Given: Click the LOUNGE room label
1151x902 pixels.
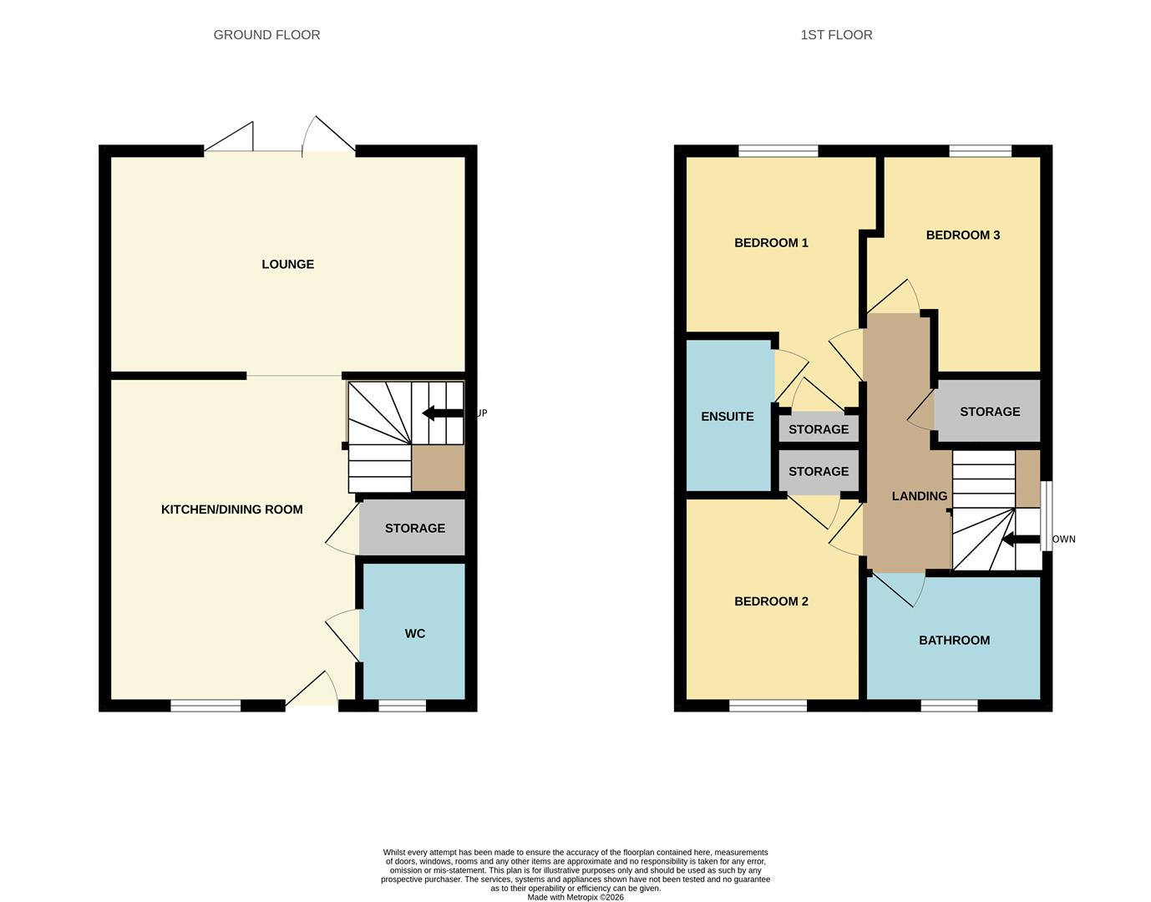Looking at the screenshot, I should pos(287,264).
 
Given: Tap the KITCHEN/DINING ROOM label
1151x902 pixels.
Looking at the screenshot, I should pos(231,509).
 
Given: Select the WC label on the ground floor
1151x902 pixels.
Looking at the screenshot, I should pos(414,634).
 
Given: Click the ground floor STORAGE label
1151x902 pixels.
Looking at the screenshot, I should pos(414,528).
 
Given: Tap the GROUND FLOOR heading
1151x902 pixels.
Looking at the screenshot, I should pos(266,35).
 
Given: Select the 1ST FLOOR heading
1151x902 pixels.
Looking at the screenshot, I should pos(836,35).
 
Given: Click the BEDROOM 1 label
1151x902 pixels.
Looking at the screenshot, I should pos(771,243).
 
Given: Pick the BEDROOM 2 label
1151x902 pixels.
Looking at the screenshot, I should pos(771,601).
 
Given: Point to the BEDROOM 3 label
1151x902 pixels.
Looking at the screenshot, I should pos(962,236).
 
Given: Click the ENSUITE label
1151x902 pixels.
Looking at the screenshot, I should pos(727,417).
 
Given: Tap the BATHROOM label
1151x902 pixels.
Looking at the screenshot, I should pos(954,641).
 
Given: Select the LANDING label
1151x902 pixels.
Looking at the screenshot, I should pos(919,496).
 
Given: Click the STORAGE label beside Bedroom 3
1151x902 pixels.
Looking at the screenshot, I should pos(989,412).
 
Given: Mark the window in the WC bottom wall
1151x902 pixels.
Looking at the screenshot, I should pos(402,706).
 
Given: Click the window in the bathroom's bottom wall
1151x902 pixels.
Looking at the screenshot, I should pos(949,706).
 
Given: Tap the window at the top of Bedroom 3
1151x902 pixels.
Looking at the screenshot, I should pos(980,151).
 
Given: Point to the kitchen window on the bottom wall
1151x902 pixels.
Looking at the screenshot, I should pos(205,706).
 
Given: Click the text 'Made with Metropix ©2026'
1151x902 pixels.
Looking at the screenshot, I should pos(575,897).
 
